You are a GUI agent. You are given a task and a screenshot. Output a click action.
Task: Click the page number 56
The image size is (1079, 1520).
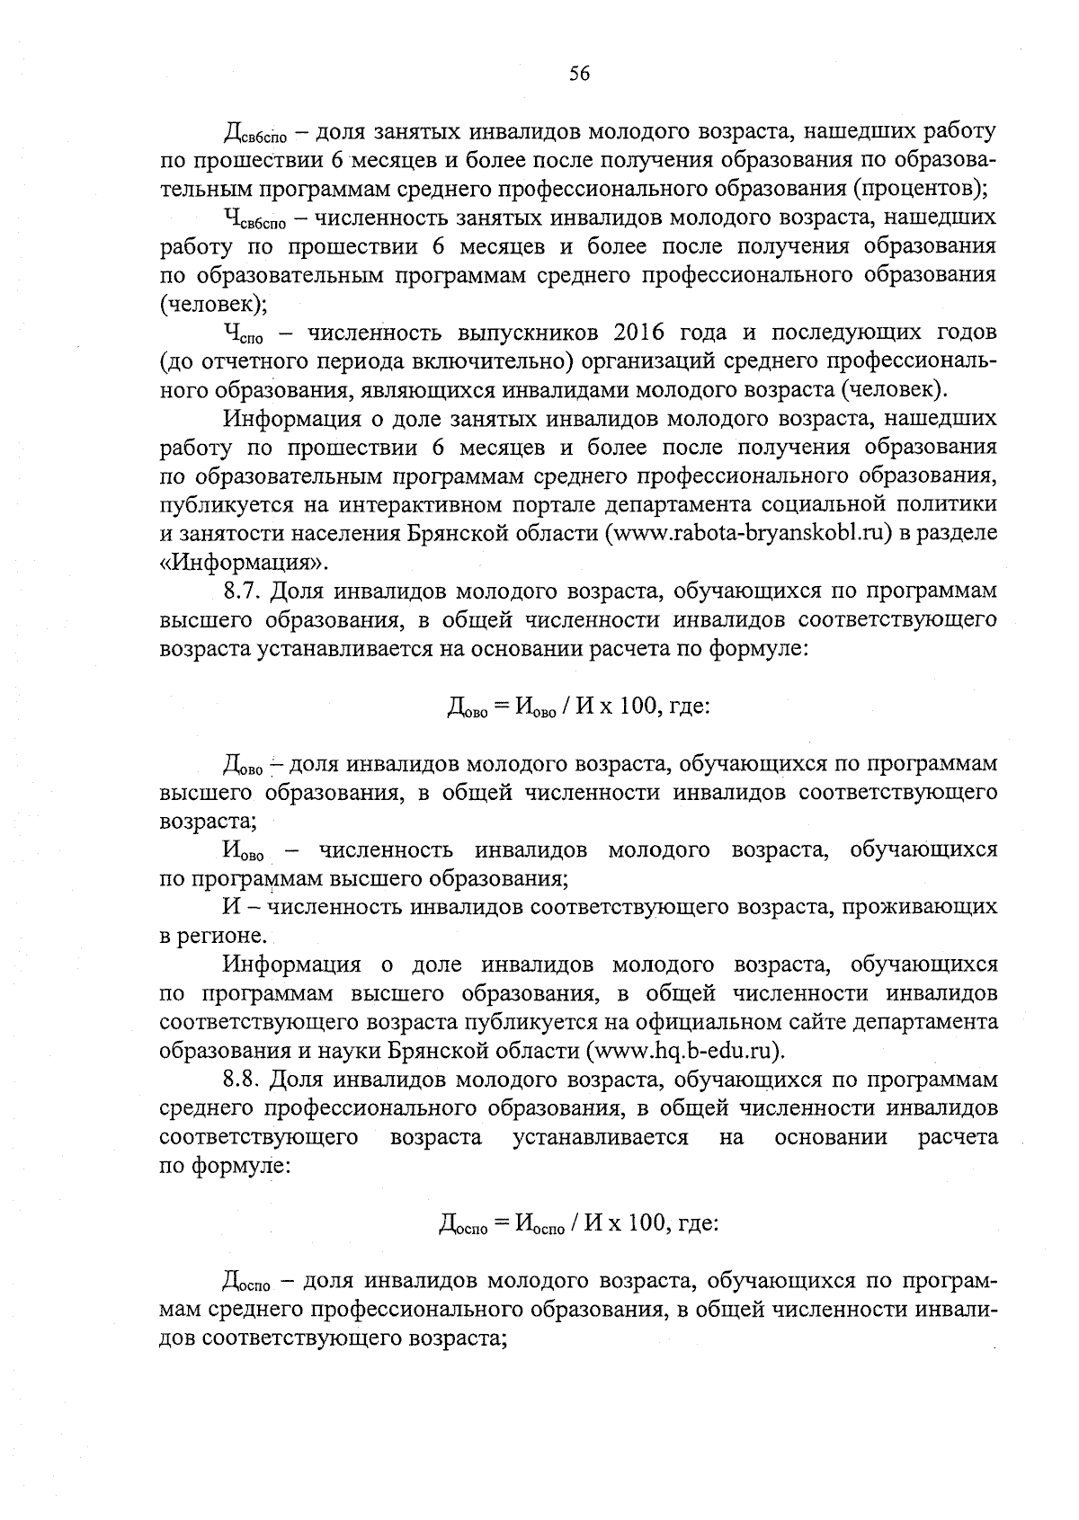(x=579, y=75)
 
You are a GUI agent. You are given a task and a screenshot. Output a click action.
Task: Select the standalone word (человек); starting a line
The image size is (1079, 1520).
(x=213, y=304)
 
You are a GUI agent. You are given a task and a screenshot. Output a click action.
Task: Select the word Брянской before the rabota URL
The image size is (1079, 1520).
(x=459, y=533)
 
